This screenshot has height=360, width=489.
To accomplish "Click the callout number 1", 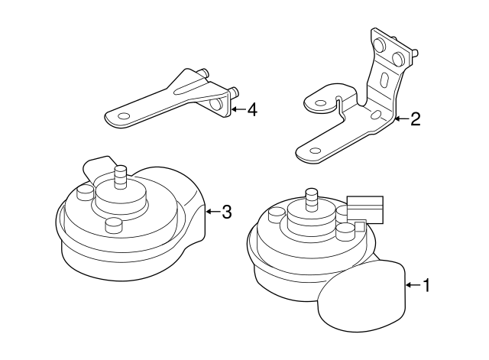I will pos(426,286).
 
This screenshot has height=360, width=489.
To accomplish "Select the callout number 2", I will pos(415,118).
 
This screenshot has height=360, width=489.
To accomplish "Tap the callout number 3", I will pos(226,212).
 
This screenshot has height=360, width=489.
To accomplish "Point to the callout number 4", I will pos(251,110).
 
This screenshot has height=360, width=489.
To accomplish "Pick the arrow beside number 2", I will pos(400,118).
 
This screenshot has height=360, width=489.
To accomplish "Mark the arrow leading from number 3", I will pos(212,212).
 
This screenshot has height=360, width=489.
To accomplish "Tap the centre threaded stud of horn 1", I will pos(311,199).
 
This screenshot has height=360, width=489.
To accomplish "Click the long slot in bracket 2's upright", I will pos(384,82).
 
